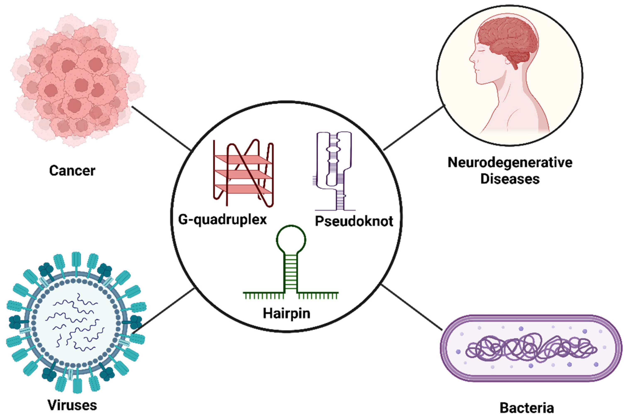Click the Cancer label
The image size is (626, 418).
tap(72, 171)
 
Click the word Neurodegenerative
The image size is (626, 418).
tap(510, 162)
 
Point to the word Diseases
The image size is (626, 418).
tap(510, 179)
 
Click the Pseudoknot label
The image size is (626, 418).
tap(354, 221)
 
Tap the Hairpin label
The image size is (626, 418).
tap(287, 313)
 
